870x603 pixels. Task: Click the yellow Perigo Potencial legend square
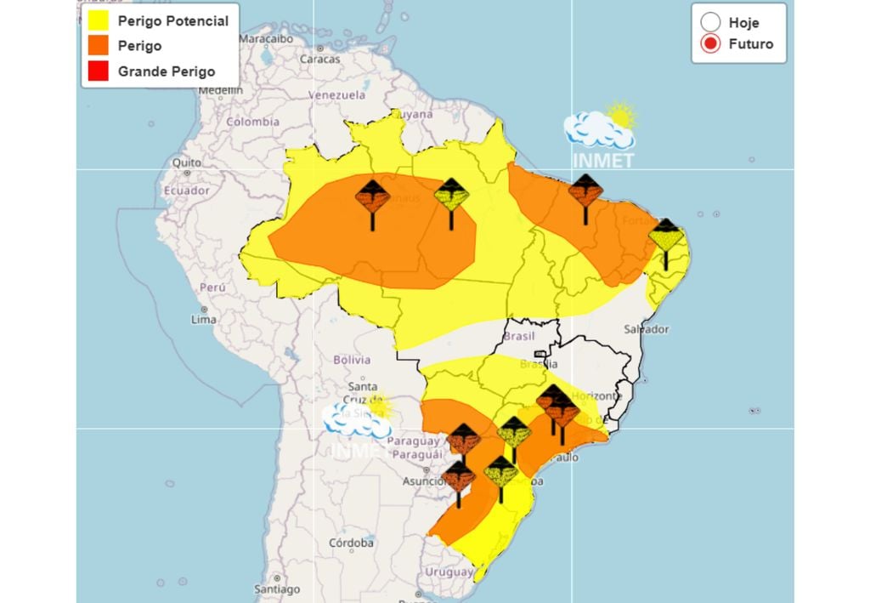click(x=99, y=21)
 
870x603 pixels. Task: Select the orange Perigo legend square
click(x=99, y=46)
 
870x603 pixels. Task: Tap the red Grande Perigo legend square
click(x=99, y=71)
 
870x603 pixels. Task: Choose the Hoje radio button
click(x=711, y=23)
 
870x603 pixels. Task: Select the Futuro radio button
click(x=711, y=44)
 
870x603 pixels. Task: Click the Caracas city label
click(x=320, y=60)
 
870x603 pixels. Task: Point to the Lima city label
click(x=203, y=319)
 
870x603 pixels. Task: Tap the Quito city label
click(x=186, y=162)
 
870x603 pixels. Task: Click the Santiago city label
click(x=277, y=589)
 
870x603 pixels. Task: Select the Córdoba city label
click(x=352, y=543)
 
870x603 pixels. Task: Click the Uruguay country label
click(x=449, y=572)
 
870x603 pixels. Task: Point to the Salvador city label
click(x=647, y=329)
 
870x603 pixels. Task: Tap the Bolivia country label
click(x=353, y=359)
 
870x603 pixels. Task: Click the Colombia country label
click(x=251, y=122)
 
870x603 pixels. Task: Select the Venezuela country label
click(x=335, y=95)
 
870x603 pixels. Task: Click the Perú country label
click(x=212, y=287)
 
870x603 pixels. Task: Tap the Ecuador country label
click(x=187, y=191)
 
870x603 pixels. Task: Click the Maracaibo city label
click(x=265, y=39)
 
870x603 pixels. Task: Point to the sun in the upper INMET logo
click(x=621, y=116)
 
